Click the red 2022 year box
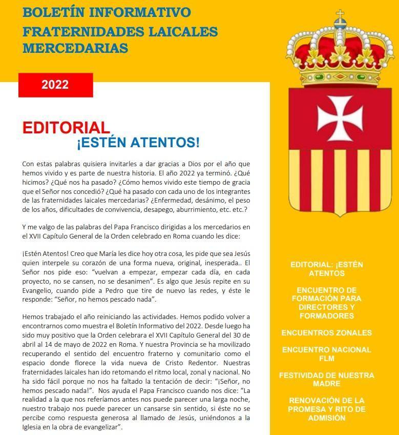click(x=55, y=85)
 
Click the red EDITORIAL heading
click(x=66, y=128)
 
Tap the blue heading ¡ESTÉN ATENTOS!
click(x=138, y=142)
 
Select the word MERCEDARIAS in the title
click(x=75, y=48)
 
